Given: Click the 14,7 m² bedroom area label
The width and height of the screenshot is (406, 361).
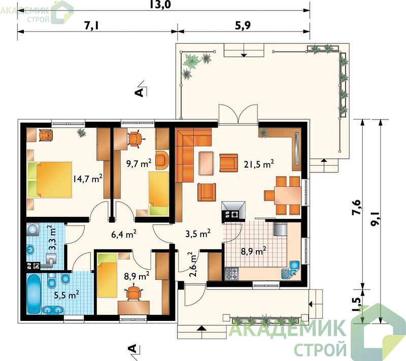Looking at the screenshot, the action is pyautogui.click(x=87, y=178).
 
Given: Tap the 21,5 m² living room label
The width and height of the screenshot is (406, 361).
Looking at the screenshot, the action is pyautogui.click(x=259, y=164).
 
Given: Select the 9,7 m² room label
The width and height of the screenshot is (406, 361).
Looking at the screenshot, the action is pyautogui.click(x=139, y=163).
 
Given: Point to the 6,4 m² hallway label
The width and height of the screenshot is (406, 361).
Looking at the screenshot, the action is pyautogui.click(x=124, y=235).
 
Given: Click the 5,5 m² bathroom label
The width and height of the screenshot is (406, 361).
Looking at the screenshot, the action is pyautogui.click(x=66, y=294).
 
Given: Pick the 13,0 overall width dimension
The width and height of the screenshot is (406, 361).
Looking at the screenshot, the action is pyautogui.click(x=160, y=5).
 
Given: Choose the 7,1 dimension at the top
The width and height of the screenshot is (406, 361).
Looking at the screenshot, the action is pyautogui.click(x=92, y=25).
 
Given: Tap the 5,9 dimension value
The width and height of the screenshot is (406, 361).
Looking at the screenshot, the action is pyautogui.click(x=244, y=25).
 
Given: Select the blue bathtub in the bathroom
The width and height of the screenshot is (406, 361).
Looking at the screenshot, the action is pyautogui.click(x=33, y=294).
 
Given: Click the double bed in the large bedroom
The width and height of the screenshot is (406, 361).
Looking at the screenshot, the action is pyautogui.click(x=49, y=180).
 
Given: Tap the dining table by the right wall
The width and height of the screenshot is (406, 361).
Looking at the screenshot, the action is pyautogui.click(x=288, y=195).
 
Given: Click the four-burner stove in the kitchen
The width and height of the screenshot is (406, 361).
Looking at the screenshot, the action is pyautogui.click(x=231, y=274).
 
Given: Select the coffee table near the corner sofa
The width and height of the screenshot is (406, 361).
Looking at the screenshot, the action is pyautogui.click(x=207, y=163).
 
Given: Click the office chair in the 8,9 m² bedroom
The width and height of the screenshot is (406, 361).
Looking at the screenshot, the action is pyautogui.click(x=133, y=292).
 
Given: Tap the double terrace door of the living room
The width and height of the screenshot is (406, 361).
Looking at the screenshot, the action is pyautogui.click(x=238, y=114).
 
